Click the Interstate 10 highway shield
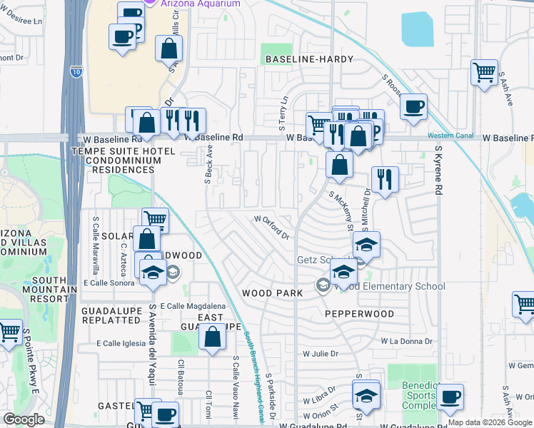[x=76, y=71]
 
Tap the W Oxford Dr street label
[x=272, y=227]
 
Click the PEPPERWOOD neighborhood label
[x=359, y=314]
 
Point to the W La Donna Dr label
[x=406, y=341]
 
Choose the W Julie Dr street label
[x=320, y=353]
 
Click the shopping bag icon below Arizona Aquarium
[x=169, y=50]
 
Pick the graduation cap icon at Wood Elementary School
[x=343, y=272]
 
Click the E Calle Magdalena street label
[x=187, y=305]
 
